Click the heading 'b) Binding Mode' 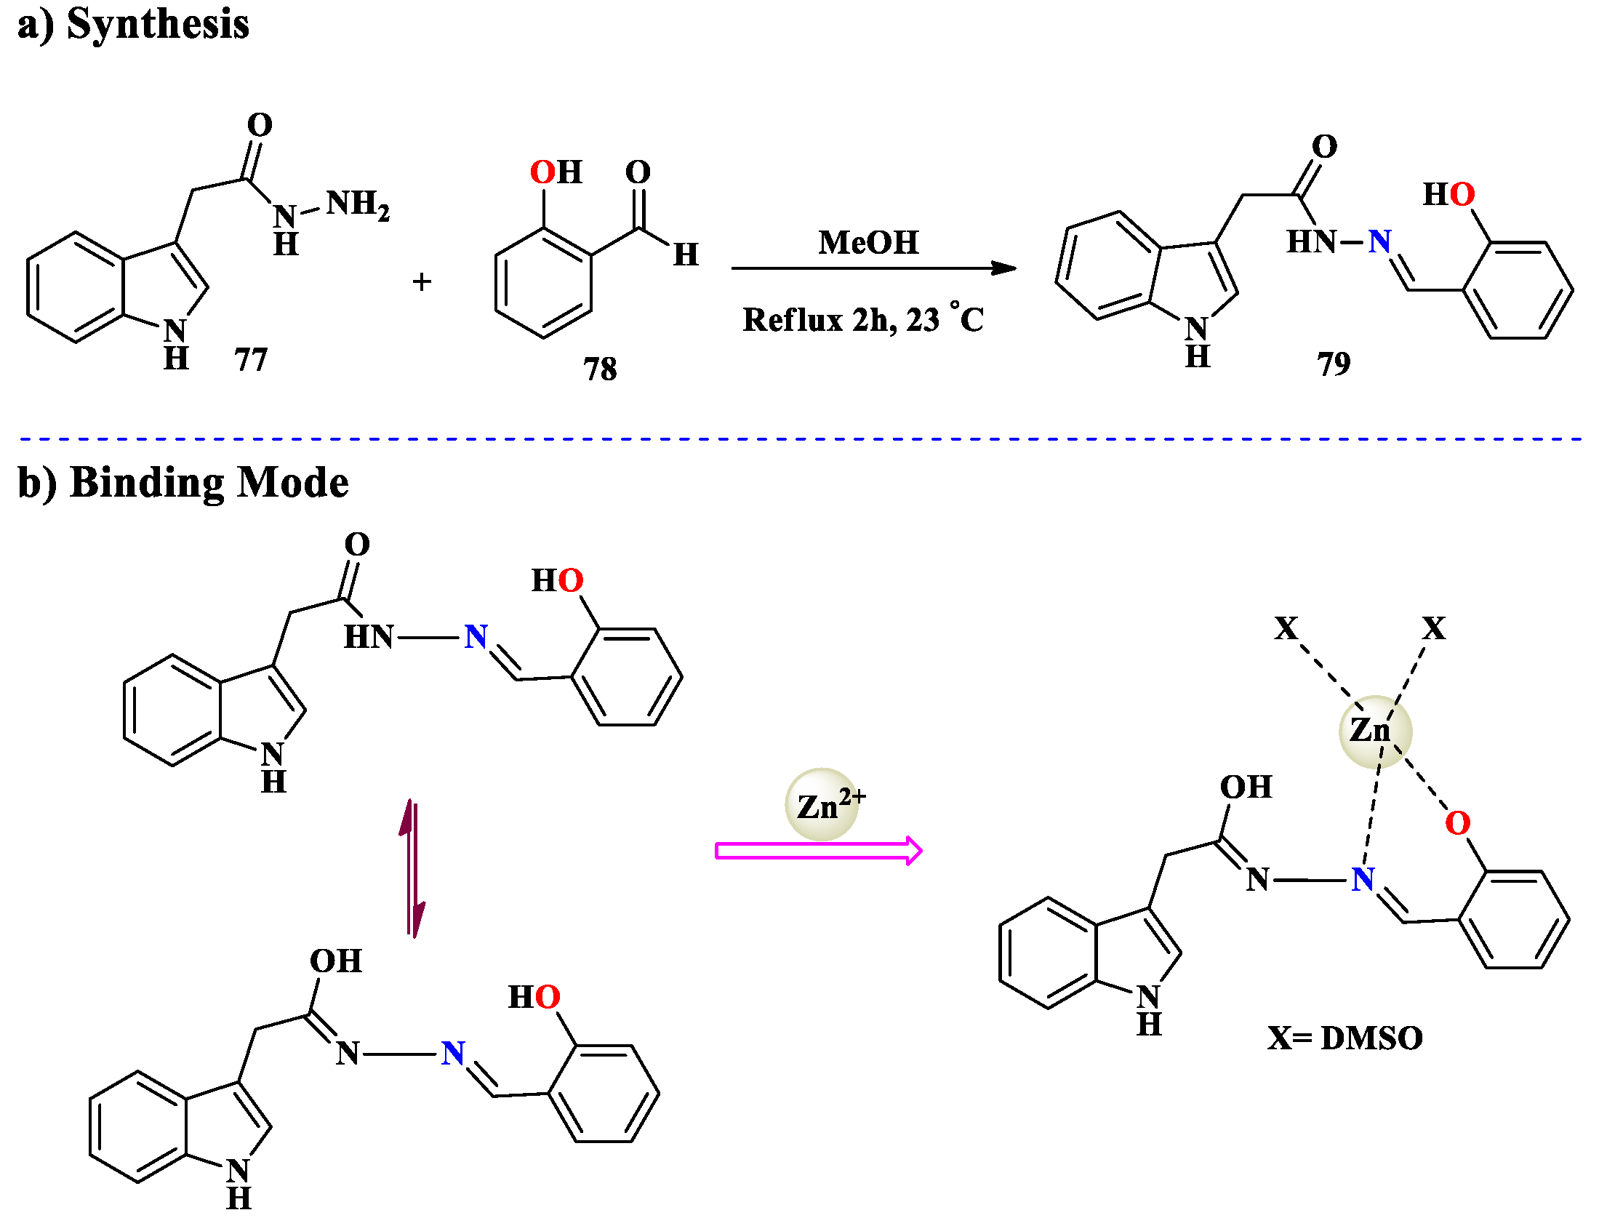pyautogui.click(x=183, y=484)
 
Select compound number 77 pyautogui.click(x=251, y=359)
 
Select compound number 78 pyautogui.click(x=600, y=369)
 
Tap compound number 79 pyautogui.click(x=1334, y=364)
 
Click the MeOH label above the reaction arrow pyautogui.click(x=868, y=243)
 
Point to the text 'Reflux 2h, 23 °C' pyautogui.click(x=862, y=320)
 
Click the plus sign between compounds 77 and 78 pyautogui.click(x=422, y=282)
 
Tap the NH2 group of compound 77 pyautogui.click(x=357, y=205)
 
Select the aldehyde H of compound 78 pyautogui.click(x=686, y=255)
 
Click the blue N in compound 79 pyautogui.click(x=1379, y=241)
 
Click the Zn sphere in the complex pyautogui.click(x=1374, y=731)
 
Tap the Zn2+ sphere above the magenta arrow pyautogui.click(x=822, y=805)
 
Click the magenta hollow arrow pyautogui.click(x=818, y=851)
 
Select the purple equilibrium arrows pyautogui.click(x=412, y=869)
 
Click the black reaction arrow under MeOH pyautogui.click(x=873, y=268)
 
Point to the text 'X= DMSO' pyautogui.click(x=1344, y=1038)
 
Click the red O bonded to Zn pyautogui.click(x=1457, y=824)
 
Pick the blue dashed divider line pyautogui.click(x=800, y=439)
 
